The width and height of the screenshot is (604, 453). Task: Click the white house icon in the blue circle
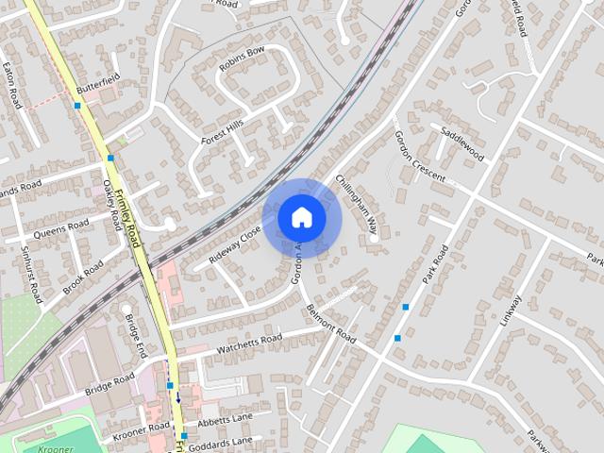tap(301, 218)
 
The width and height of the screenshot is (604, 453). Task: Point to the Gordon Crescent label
tap(415, 155)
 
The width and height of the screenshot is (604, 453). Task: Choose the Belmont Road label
tap(330, 326)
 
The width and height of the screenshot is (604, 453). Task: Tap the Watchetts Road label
tap(249, 344)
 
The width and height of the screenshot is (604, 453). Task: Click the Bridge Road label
tap(110, 385)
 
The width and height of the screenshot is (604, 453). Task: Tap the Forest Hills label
tap(222, 131)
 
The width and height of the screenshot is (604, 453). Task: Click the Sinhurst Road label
tap(30, 273)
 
